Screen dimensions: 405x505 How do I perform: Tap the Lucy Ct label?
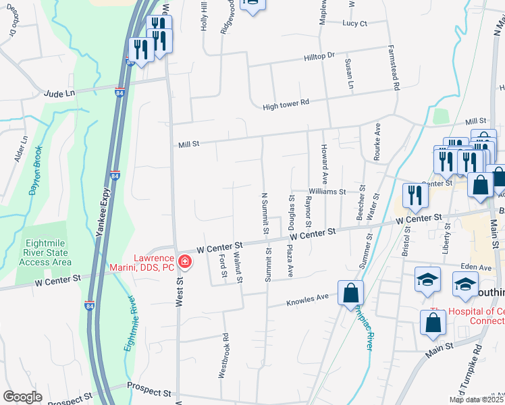(x=354, y=24)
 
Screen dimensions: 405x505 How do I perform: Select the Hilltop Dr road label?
(x=319, y=57)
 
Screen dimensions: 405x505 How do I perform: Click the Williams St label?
(x=327, y=192)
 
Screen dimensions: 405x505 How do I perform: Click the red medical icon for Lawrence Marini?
(x=184, y=261)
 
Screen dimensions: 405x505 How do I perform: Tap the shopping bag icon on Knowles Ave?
(x=351, y=293)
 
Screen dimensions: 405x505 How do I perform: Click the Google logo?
(x=22, y=397)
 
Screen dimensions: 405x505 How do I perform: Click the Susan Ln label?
(x=349, y=74)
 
